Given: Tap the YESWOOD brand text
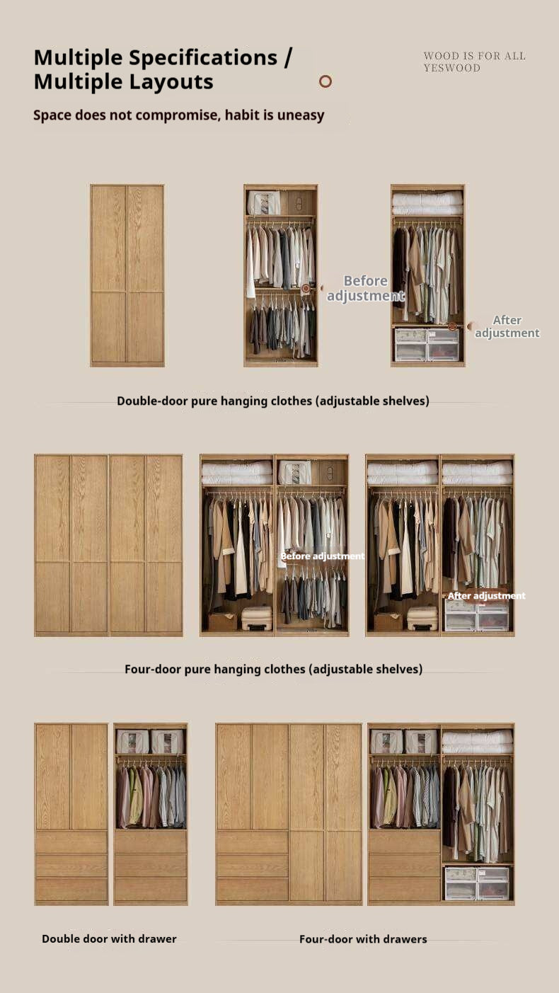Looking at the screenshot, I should (451, 68).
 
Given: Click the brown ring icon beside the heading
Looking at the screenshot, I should (325, 81).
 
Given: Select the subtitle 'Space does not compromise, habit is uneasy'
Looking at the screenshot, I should (178, 115).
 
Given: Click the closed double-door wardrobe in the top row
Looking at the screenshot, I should (127, 275).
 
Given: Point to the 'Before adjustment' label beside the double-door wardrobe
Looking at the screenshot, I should (365, 288).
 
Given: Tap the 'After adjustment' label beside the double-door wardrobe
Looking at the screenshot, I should (507, 326).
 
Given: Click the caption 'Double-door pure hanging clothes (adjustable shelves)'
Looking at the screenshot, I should (272, 401).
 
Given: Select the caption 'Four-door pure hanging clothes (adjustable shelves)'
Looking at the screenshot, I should (273, 669).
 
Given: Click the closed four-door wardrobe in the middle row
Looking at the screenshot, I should (108, 545).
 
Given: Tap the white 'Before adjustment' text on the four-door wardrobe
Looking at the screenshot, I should (323, 556).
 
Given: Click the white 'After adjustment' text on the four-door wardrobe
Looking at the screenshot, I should (486, 596).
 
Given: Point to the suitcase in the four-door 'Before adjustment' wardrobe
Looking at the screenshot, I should (257, 618).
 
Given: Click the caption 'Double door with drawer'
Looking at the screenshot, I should (109, 939).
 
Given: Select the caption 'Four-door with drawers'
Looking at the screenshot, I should (363, 939).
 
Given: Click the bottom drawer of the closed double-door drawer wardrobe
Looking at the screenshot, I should (71, 889).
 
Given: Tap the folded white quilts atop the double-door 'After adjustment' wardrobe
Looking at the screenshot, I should (427, 202).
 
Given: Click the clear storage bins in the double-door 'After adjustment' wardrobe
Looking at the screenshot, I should (427, 345).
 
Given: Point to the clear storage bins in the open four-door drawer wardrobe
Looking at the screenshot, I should (477, 883).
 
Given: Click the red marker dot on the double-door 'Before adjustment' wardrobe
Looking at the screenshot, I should (306, 289).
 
